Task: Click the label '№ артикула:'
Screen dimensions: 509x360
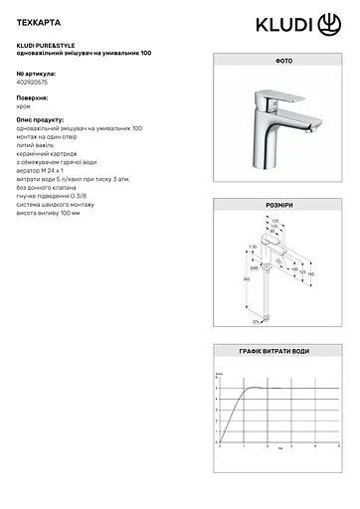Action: click(x=37, y=75)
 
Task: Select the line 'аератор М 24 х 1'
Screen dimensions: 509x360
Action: click(x=46, y=171)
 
